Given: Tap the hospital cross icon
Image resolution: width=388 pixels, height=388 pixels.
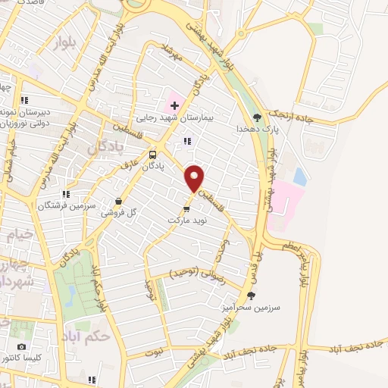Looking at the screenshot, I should [x=174, y=104].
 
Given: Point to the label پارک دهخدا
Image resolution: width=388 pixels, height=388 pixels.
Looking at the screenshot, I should [x=256, y=130].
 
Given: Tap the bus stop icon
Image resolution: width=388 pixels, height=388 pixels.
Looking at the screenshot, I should [x=153, y=151].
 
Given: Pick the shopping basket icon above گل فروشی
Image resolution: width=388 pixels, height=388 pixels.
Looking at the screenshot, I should [x=118, y=202].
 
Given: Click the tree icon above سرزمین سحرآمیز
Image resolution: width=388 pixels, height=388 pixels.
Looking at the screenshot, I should [x=252, y=295].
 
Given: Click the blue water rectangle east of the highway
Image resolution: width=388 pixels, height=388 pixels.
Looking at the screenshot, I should [x=300, y=177].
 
